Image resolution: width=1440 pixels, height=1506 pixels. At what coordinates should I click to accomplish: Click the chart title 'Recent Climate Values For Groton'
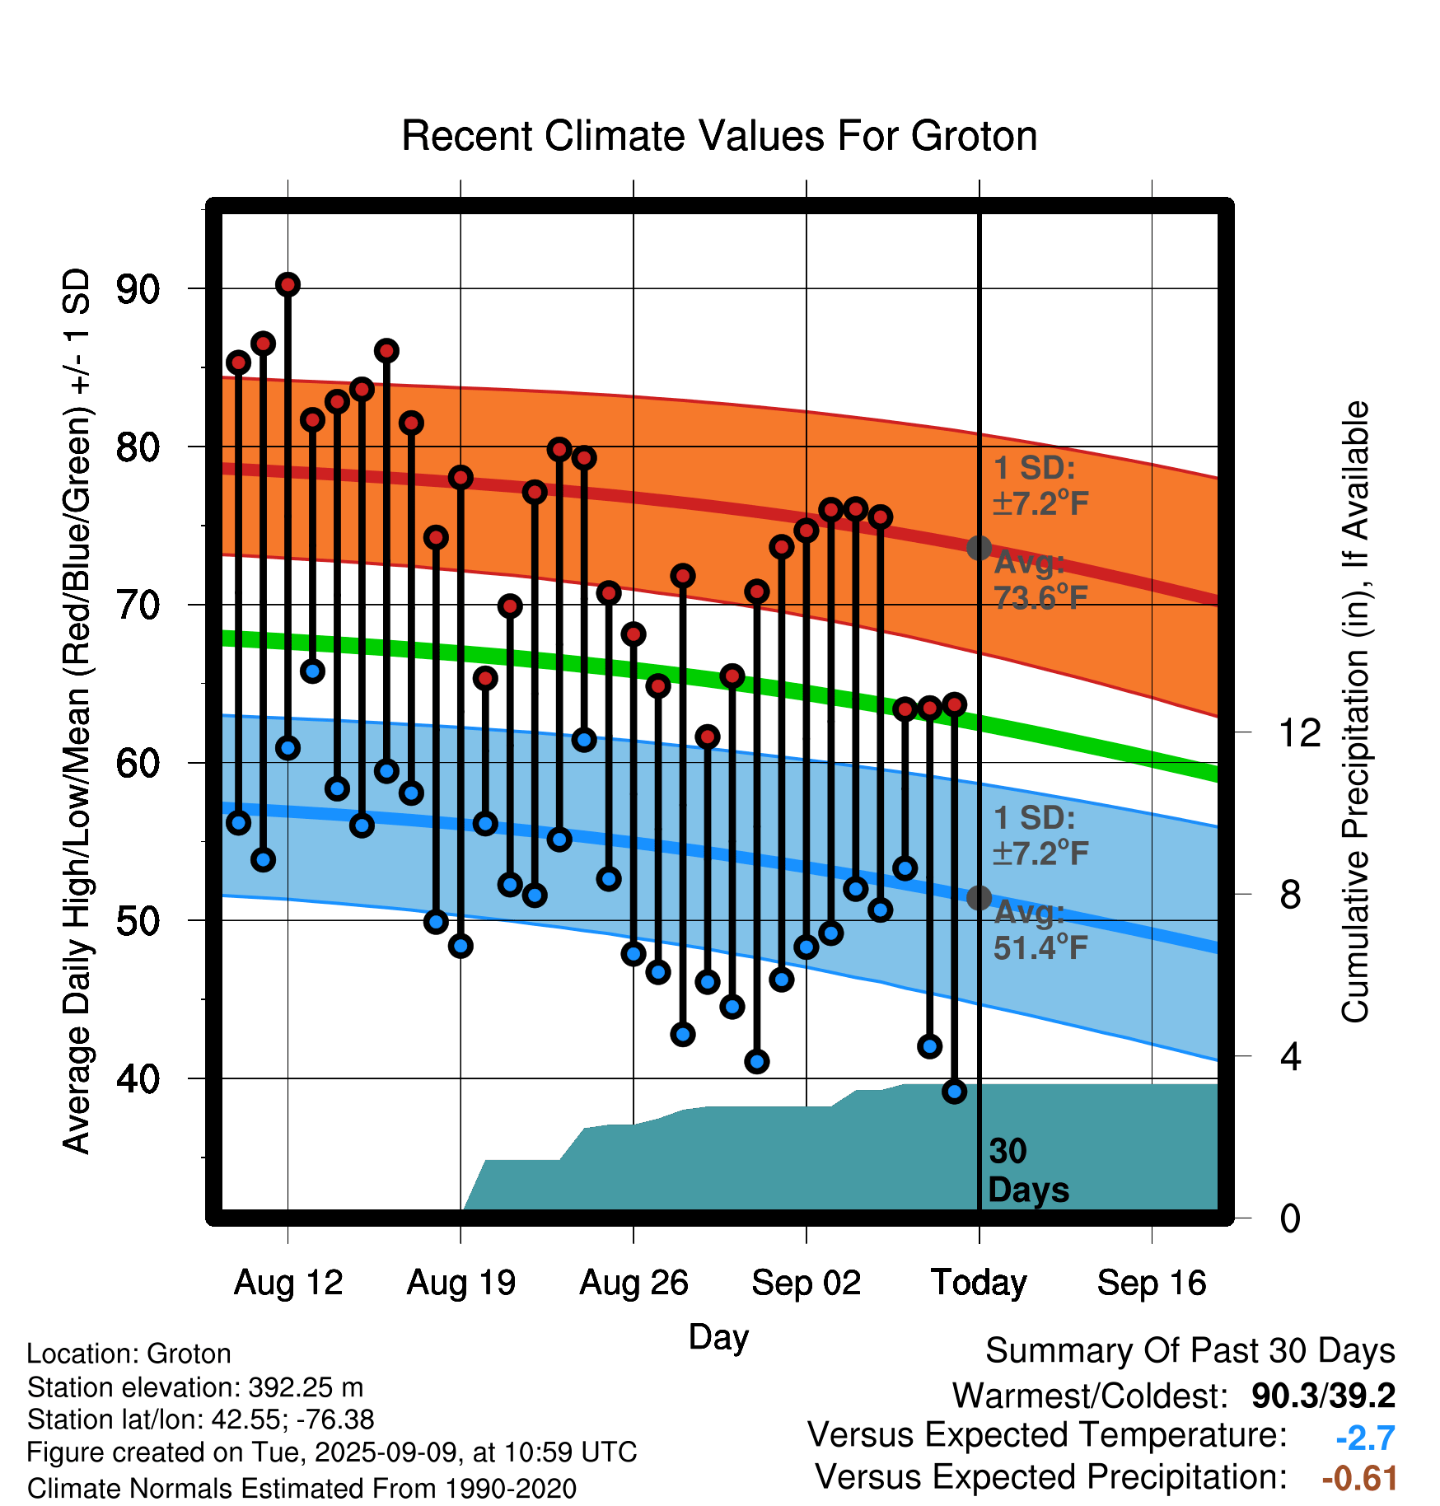[719, 136]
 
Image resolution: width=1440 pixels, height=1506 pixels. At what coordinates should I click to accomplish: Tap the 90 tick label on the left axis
[138, 290]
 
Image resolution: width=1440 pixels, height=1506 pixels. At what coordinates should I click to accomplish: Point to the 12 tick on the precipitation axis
[1300, 732]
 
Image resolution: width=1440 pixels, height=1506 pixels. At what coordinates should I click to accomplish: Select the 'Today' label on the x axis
[979, 1283]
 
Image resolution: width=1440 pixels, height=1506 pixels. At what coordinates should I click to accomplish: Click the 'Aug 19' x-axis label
[461, 1283]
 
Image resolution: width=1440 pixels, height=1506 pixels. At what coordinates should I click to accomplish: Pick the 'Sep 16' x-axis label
[1152, 1283]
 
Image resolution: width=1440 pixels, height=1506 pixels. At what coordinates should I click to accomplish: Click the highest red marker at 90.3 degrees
[288, 285]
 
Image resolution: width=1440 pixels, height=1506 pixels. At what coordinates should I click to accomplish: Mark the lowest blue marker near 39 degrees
[955, 1092]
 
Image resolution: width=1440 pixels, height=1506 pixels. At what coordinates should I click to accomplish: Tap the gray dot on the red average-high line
[979, 547]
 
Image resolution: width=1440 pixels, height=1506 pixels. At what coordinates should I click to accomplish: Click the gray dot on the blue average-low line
[979, 897]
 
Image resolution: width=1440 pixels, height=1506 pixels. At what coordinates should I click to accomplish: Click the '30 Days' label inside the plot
[1028, 1171]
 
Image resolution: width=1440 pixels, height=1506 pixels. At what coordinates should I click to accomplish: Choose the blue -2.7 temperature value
[1365, 1438]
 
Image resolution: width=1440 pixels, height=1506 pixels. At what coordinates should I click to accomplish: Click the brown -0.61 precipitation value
[1359, 1479]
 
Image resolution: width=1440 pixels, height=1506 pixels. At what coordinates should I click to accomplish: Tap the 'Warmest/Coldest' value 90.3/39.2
[1323, 1396]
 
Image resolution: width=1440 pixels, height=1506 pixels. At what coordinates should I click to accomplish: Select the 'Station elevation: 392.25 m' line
[195, 1387]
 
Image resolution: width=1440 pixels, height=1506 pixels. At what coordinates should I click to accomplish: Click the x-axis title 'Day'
[718, 1338]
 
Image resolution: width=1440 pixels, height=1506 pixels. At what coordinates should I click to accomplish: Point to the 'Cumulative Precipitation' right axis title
[1355, 713]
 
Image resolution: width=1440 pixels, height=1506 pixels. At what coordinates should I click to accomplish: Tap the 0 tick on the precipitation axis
[1290, 1218]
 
